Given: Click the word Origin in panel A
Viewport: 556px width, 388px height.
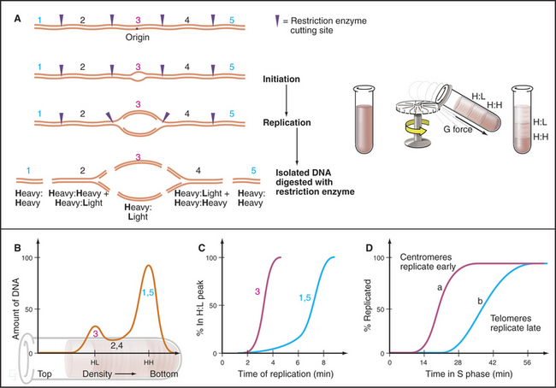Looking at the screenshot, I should [138, 38].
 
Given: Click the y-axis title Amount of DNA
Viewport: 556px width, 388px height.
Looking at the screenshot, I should [11, 291].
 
